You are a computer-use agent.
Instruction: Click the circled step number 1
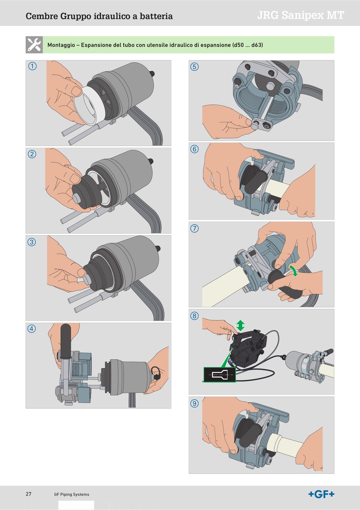[32, 66]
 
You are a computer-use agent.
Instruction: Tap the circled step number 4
[31, 328]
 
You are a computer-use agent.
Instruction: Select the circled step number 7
[194, 228]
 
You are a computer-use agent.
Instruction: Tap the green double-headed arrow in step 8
[240, 325]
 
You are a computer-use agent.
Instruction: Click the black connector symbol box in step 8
[219, 374]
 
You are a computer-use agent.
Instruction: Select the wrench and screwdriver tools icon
[34, 45]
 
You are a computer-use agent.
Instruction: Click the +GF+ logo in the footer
[321, 494]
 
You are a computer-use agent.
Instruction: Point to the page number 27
[28, 494]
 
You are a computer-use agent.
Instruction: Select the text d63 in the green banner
[257, 45]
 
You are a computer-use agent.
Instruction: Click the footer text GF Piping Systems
[72, 494]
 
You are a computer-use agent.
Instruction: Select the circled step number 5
[194, 67]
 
